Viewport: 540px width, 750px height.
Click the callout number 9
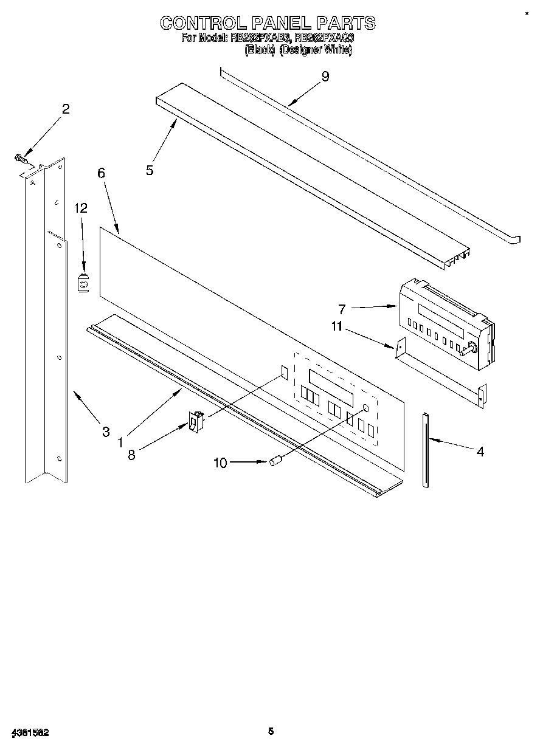coord(325,77)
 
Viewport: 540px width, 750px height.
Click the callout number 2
coord(66,109)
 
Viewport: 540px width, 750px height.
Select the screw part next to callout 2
coord(20,159)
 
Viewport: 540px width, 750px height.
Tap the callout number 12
coord(81,208)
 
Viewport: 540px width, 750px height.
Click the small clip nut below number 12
coord(84,283)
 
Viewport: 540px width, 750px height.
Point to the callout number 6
coord(101,173)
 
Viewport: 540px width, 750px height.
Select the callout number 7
coord(342,309)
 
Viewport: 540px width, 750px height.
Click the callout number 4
coord(480,452)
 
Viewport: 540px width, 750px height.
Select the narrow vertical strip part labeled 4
coord(426,450)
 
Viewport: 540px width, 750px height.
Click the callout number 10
coord(220,463)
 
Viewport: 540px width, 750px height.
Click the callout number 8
coord(131,455)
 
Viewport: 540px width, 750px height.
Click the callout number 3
coord(106,432)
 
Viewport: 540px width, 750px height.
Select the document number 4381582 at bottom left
coord(30,733)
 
